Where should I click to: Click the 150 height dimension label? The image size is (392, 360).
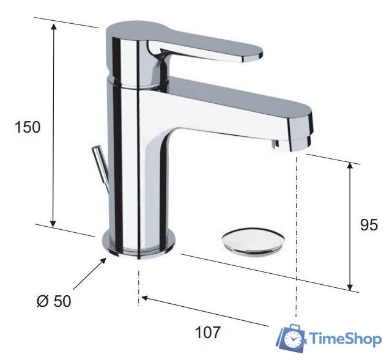click(28, 127)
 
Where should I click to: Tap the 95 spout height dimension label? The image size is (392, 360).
click(369, 224)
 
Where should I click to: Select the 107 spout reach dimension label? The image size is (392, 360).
click(208, 332)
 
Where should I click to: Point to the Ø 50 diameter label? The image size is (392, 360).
click(54, 301)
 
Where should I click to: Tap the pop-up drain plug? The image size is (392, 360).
click(253, 241)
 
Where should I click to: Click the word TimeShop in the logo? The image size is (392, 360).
click(346, 339)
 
